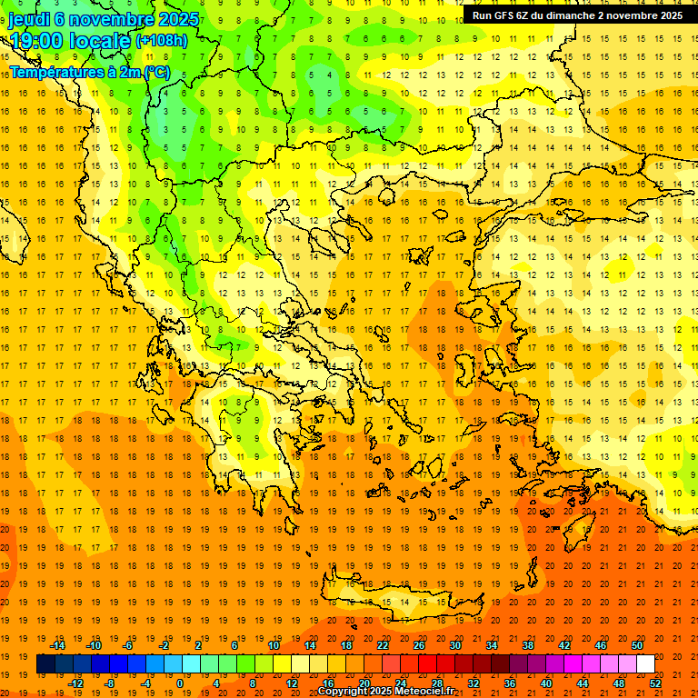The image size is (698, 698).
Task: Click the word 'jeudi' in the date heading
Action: pyautogui.click(x=30, y=19)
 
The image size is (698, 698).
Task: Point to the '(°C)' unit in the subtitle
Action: pyautogui.click(x=155, y=71)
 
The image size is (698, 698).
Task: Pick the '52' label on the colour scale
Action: pyautogui.click(x=656, y=683)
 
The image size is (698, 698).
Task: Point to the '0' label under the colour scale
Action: pyautogui.click(x=179, y=683)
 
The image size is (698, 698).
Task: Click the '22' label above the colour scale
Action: pyautogui.click(x=383, y=645)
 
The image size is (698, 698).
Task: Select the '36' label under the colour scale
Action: pyautogui.click(x=510, y=683)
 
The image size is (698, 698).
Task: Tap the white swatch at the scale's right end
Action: pyautogui.click(x=646, y=664)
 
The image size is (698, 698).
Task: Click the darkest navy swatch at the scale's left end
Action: pyautogui.click(x=45, y=664)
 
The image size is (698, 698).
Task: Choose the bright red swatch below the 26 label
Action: pyautogui.click(x=427, y=664)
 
